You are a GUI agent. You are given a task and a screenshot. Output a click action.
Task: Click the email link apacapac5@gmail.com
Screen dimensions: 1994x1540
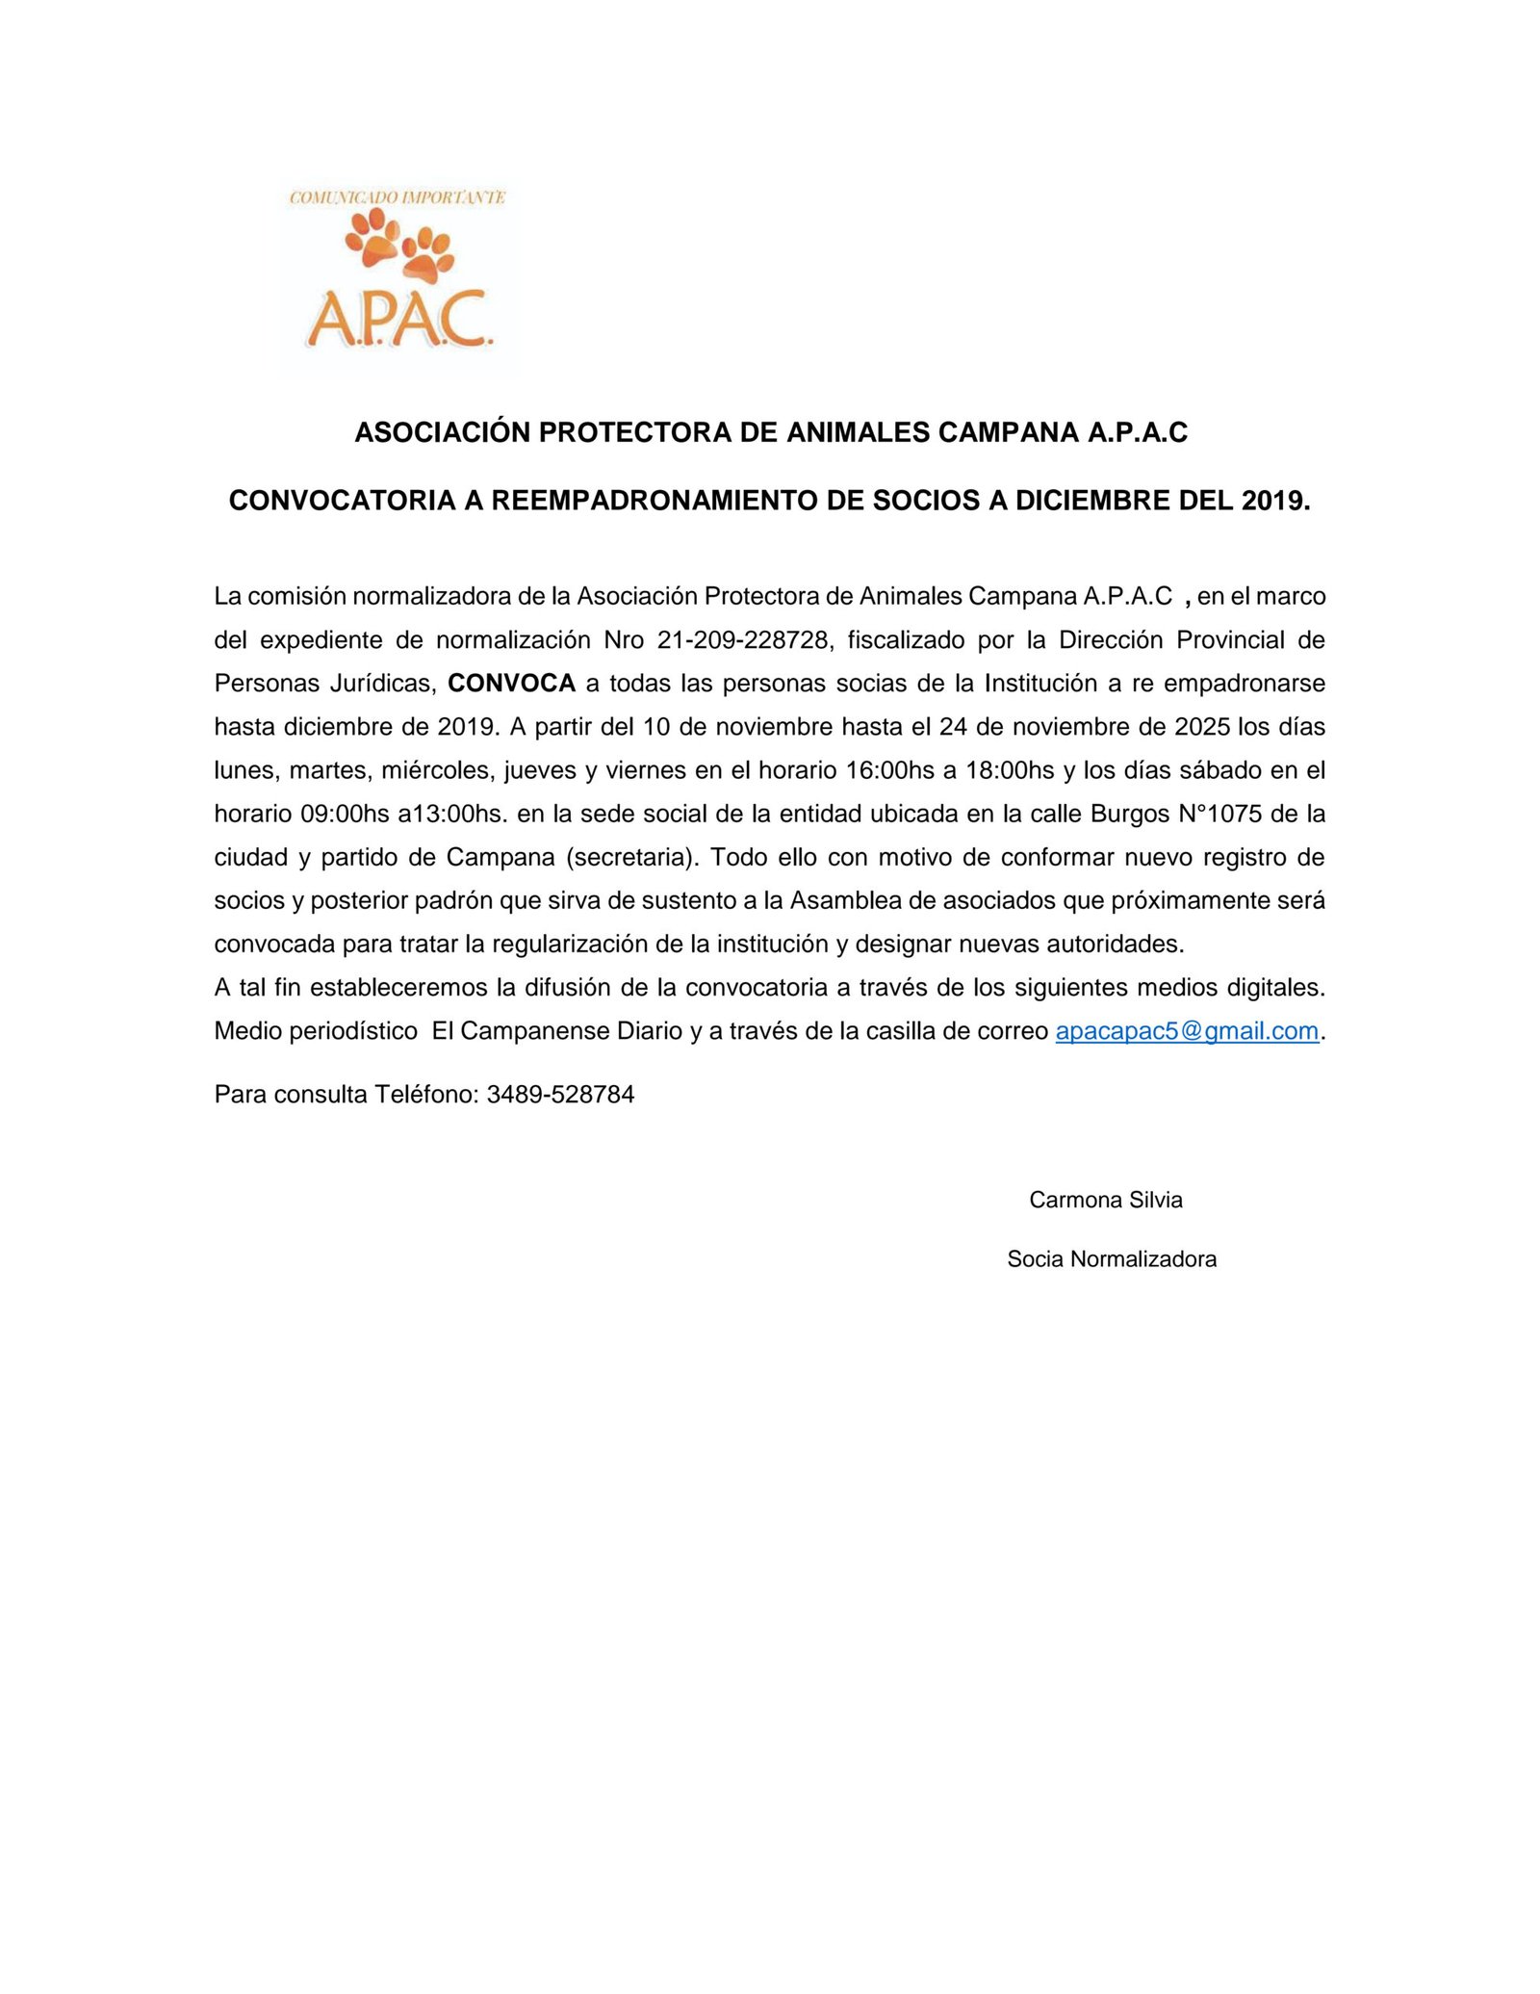pos(1186,1031)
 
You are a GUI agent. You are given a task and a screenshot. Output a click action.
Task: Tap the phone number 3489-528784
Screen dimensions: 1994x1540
pos(560,1095)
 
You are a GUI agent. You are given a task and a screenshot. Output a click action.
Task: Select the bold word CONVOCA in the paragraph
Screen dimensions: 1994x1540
pos(511,684)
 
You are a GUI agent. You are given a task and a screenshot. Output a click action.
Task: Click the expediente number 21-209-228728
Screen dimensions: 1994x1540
pos(743,640)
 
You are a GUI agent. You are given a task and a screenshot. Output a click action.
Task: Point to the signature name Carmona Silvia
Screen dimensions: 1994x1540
pos(1105,1200)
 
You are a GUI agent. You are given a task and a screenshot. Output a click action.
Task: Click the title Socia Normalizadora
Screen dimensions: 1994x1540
pos(1112,1259)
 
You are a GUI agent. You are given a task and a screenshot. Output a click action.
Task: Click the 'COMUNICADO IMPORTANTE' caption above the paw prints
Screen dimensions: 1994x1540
pos(398,197)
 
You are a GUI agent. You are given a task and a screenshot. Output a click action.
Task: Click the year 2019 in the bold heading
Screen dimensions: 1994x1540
pos(1274,501)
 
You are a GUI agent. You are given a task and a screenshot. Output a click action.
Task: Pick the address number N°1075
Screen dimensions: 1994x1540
pos(1219,815)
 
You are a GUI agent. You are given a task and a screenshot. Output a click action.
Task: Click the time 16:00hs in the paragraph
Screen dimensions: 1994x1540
pos(890,771)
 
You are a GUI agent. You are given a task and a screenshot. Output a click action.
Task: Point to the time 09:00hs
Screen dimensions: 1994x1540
pos(345,815)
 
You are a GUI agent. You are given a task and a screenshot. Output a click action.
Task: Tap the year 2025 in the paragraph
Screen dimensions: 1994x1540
pos(1195,727)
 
